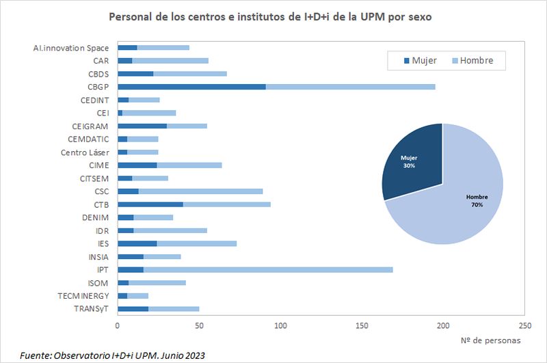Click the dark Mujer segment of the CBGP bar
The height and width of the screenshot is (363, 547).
pyautogui.click(x=191, y=87)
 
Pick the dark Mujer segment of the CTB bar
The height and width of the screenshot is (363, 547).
pyautogui.click(x=150, y=204)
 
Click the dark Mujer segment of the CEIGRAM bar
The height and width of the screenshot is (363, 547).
pyautogui.click(x=142, y=126)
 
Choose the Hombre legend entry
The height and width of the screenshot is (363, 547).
pyautogui.click(x=476, y=60)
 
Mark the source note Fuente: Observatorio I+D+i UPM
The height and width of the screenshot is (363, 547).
pyautogui.click(x=112, y=355)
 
